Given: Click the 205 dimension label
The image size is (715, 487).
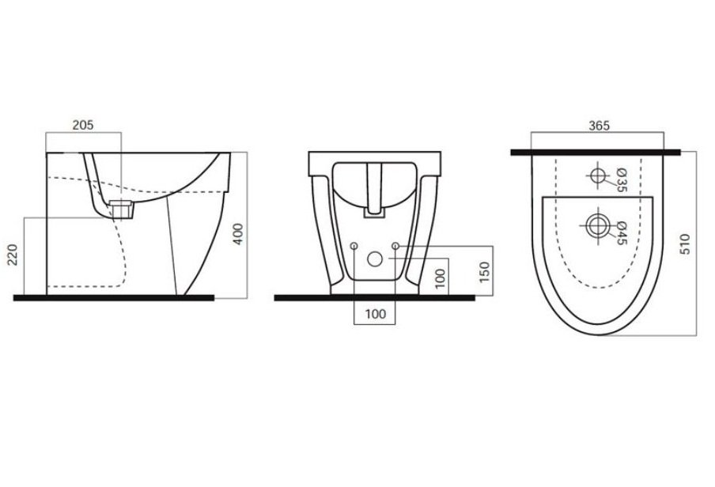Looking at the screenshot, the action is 83,124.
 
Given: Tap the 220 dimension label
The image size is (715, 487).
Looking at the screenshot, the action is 13,255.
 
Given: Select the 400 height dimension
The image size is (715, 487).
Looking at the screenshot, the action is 238,234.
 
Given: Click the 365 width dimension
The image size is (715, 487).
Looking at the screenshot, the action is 599,126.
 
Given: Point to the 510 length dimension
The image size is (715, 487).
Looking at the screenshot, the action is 685,244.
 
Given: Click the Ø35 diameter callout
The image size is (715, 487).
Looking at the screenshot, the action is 621,179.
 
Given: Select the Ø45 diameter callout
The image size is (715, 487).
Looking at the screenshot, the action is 621,233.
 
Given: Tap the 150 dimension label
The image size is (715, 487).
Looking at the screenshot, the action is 484,272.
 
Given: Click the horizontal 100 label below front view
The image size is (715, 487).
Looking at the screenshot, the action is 375,314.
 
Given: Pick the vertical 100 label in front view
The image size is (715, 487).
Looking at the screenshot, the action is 440,278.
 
